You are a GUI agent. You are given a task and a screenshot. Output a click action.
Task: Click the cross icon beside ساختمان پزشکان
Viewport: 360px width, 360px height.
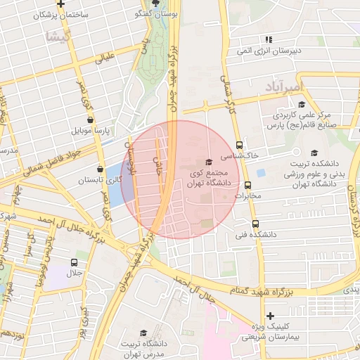61,4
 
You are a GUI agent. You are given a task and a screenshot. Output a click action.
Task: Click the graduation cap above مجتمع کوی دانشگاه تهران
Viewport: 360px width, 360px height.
207,162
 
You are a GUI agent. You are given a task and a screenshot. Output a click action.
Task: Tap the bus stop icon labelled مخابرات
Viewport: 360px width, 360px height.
247,186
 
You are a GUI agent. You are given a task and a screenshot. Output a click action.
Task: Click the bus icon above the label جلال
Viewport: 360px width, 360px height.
73,262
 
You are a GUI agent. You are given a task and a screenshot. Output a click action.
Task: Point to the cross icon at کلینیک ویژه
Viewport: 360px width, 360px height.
270,316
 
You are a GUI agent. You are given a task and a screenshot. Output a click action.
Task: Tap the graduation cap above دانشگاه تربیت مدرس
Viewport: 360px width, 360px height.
143,333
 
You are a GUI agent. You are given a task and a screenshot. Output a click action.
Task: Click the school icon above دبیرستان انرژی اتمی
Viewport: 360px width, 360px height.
268,39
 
